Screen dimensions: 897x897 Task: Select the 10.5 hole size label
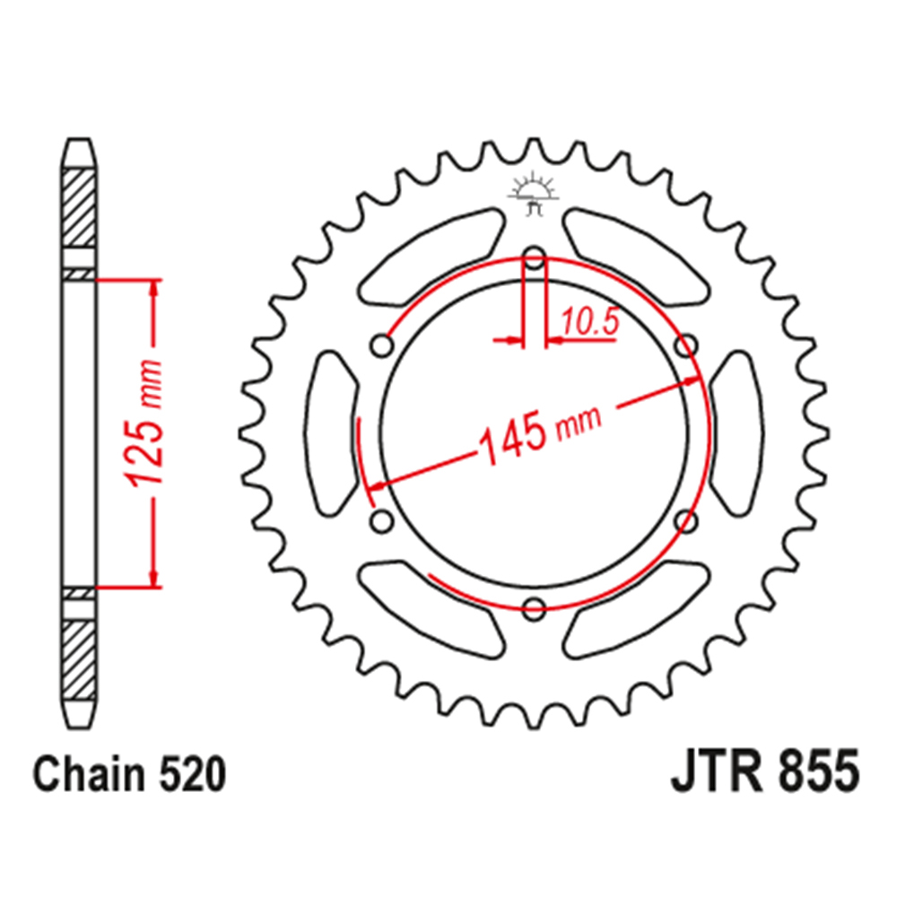pos(591,322)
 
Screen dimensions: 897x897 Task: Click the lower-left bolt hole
pos(380,521)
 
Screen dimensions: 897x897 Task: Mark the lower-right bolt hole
pos(688,521)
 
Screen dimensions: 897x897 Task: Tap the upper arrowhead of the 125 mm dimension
pos(155,290)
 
